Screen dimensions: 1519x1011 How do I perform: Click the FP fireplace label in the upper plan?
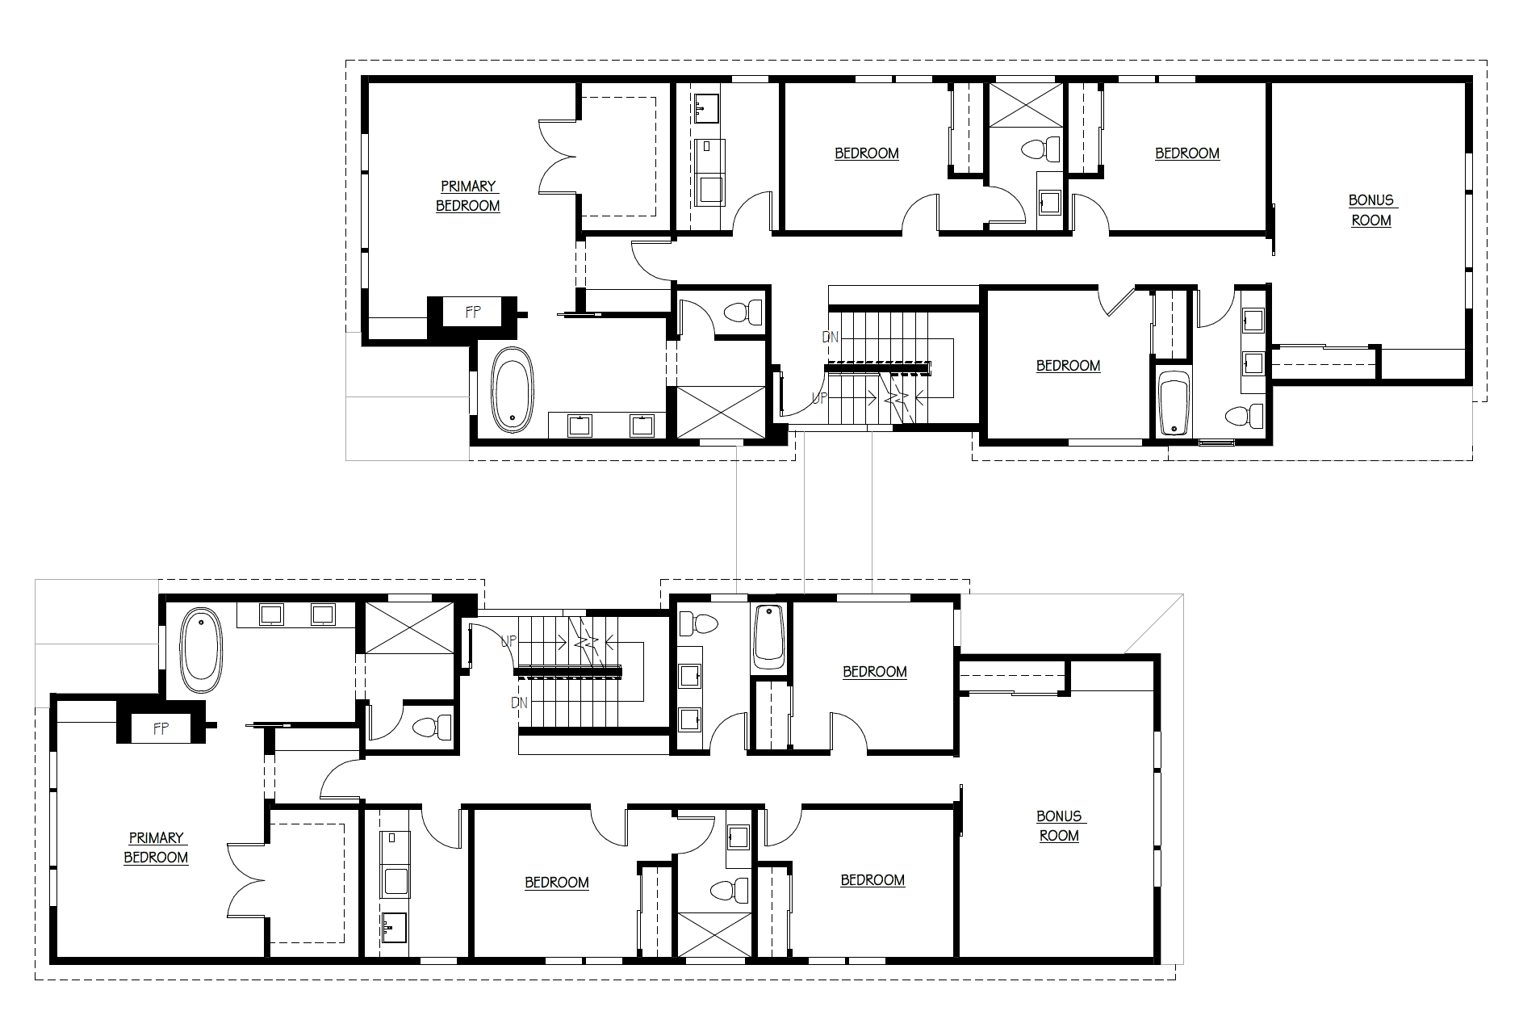473,312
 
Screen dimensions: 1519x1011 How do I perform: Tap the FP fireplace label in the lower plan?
161,728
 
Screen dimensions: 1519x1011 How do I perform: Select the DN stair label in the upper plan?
831,337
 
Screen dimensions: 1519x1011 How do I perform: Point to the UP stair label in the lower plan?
508,641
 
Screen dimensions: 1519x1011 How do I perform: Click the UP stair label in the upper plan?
819,398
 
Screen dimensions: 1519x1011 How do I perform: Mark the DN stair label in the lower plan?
519,703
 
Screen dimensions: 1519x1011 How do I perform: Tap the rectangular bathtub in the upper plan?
1174,404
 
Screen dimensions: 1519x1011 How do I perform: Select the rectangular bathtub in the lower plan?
769,636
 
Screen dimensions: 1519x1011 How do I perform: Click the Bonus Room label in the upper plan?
1371,210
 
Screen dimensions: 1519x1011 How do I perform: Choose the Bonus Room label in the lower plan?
1059,826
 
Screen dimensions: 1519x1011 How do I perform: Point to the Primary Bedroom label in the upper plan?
468,196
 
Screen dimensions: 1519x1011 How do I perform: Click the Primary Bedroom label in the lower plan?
156,848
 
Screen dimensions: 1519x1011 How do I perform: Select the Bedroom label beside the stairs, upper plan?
1068,366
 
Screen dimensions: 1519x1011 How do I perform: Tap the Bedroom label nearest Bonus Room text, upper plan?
1186,153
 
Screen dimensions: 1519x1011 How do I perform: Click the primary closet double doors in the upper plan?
559,157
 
